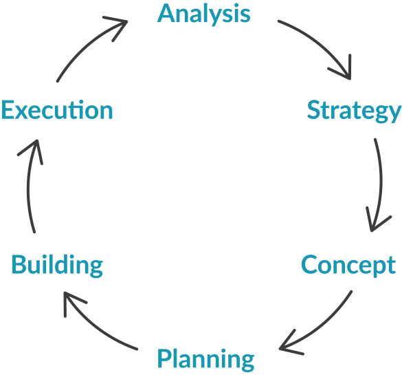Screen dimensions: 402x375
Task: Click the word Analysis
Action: [x=204, y=14]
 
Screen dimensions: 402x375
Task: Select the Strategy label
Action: [x=355, y=111]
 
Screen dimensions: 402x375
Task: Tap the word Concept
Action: [x=348, y=266]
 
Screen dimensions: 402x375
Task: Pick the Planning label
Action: [x=205, y=360]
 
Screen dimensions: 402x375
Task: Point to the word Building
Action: [x=57, y=266]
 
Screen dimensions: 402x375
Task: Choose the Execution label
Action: [x=57, y=110]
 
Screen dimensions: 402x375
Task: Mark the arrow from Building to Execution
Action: [x=28, y=185]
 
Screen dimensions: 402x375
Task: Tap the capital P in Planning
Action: [x=164, y=358]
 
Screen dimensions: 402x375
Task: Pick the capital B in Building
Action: [x=19, y=264]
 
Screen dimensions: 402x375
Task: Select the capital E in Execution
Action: [x=7, y=110]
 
